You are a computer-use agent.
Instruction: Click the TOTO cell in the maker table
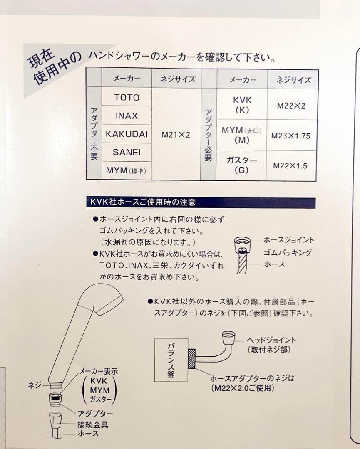click(127, 98)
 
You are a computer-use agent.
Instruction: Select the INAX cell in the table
click(127, 116)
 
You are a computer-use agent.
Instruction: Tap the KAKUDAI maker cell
click(127, 134)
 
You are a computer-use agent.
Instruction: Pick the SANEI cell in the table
click(127, 152)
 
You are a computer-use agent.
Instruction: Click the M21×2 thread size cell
click(176, 135)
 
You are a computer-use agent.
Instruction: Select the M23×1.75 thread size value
click(290, 136)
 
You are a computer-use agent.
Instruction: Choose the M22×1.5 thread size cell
click(290, 165)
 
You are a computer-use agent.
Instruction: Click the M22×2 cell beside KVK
click(291, 106)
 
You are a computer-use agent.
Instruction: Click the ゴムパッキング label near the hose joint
click(287, 252)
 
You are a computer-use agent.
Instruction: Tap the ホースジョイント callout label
click(289, 240)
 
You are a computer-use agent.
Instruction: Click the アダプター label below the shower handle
click(95, 413)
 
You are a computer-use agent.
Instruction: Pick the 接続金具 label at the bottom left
click(93, 424)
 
